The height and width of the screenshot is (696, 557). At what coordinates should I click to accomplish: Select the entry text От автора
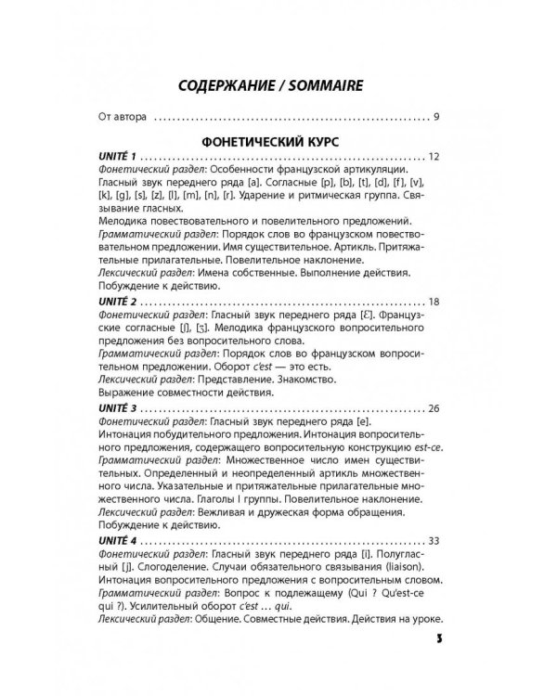pos(123,118)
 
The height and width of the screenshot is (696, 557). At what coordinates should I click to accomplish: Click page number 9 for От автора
pos(435,118)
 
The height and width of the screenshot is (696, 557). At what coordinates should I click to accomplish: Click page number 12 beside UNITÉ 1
pos(434,159)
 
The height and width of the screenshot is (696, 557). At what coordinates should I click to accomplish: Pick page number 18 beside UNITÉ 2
pos(434,303)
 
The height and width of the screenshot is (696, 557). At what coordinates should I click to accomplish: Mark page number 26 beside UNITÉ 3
pos(434,409)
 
